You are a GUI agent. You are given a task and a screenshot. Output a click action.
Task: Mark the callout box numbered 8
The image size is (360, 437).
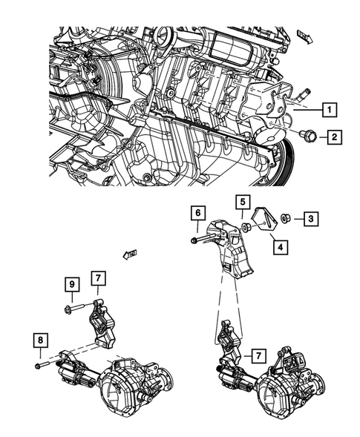(x=40, y=341)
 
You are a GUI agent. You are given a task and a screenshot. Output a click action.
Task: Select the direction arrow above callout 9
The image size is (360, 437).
(x=131, y=256)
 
